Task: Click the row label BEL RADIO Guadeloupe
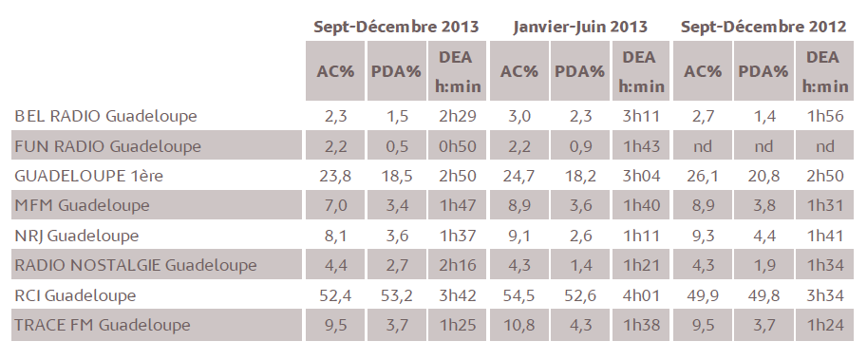pos(105,116)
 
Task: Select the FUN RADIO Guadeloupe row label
pos(107,146)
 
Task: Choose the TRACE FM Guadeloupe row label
pos(102,325)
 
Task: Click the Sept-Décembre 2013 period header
pos(396,26)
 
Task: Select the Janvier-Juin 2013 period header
pos(580,26)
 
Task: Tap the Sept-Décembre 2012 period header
pos(763,26)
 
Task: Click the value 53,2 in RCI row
pos(397,295)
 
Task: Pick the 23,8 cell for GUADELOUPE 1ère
pos(335,176)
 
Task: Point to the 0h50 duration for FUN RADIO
pos(457,146)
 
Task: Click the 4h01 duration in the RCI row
pos(641,295)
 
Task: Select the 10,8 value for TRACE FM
pos(518,325)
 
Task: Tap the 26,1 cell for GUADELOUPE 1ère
pos(702,176)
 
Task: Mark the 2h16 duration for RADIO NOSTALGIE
pos(457,265)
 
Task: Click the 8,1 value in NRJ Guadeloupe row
pos(335,236)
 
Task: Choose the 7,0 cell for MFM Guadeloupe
pos(335,205)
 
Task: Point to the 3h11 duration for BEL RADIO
pos(641,116)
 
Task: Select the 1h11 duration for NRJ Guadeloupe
pos(641,236)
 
